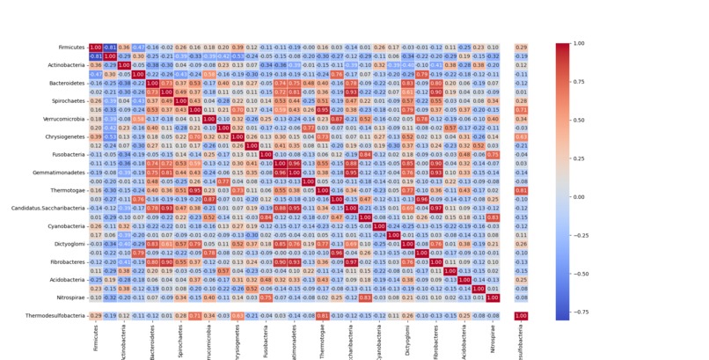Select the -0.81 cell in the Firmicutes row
pyautogui.click(x=111, y=47)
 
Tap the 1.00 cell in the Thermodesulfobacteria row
pyautogui.click(x=522, y=316)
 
